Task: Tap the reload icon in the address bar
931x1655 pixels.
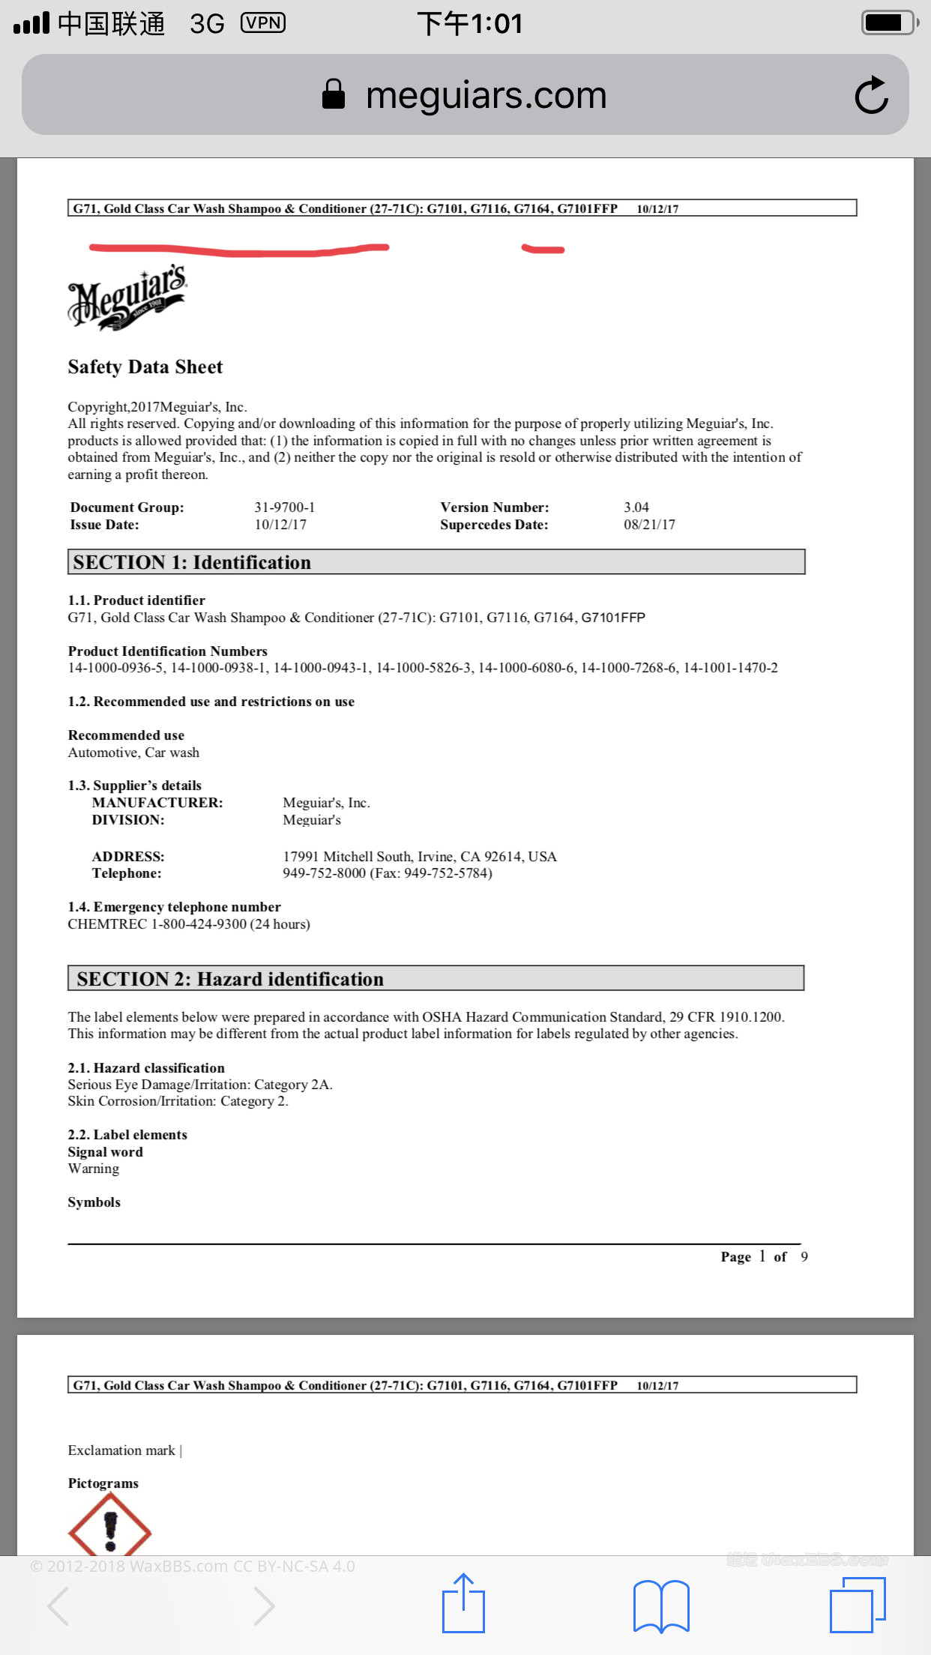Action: point(871,95)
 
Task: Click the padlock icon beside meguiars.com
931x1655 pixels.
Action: point(333,95)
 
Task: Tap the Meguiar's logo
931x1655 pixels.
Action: point(127,298)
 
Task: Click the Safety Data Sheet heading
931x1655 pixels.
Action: point(145,367)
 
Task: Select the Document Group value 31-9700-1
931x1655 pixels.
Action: point(284,507)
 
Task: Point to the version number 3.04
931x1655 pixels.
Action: point(636,507)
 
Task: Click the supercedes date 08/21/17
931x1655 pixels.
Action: point(649,525)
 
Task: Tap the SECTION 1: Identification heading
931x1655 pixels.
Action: point(192,562)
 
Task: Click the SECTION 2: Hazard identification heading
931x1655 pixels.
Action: point(230,979)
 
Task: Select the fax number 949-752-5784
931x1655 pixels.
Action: point(448,873)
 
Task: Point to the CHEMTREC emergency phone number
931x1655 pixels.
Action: point(199,924)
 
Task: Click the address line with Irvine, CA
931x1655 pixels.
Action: point(419,856)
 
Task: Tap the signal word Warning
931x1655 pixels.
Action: point(94,1169)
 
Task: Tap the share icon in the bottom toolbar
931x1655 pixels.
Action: point(463,1604)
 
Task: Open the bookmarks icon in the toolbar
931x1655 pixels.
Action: point(661,1606)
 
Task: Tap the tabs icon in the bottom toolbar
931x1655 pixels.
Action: point(858,1605)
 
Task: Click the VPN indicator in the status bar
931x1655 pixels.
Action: point(263,23)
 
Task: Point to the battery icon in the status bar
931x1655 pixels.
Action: point(889,22)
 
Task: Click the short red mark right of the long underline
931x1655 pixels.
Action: point(543,249)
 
